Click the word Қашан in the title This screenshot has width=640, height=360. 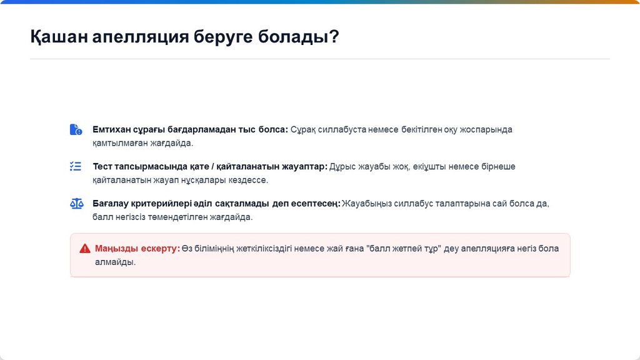(x=59, y=37)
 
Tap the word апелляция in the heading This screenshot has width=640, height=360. (x=141, y=37)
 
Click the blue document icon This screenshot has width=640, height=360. (x=76, y=129)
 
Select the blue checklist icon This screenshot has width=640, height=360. (x=76, y=166)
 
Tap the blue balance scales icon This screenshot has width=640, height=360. (x=76, y=203)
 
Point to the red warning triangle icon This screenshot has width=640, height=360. (x=85, y=249)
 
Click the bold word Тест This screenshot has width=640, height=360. (x=102, y=166)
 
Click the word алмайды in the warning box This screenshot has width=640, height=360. (x=115, y=262)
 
